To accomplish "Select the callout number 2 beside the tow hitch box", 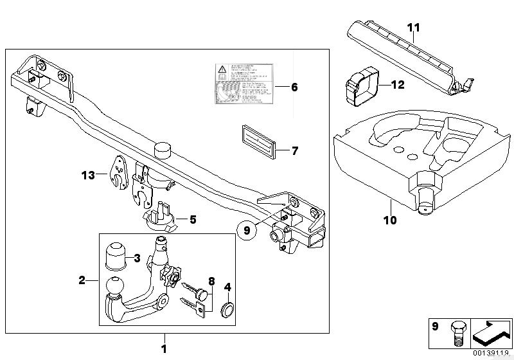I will [82, 280].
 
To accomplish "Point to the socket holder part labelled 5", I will [161, 217].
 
